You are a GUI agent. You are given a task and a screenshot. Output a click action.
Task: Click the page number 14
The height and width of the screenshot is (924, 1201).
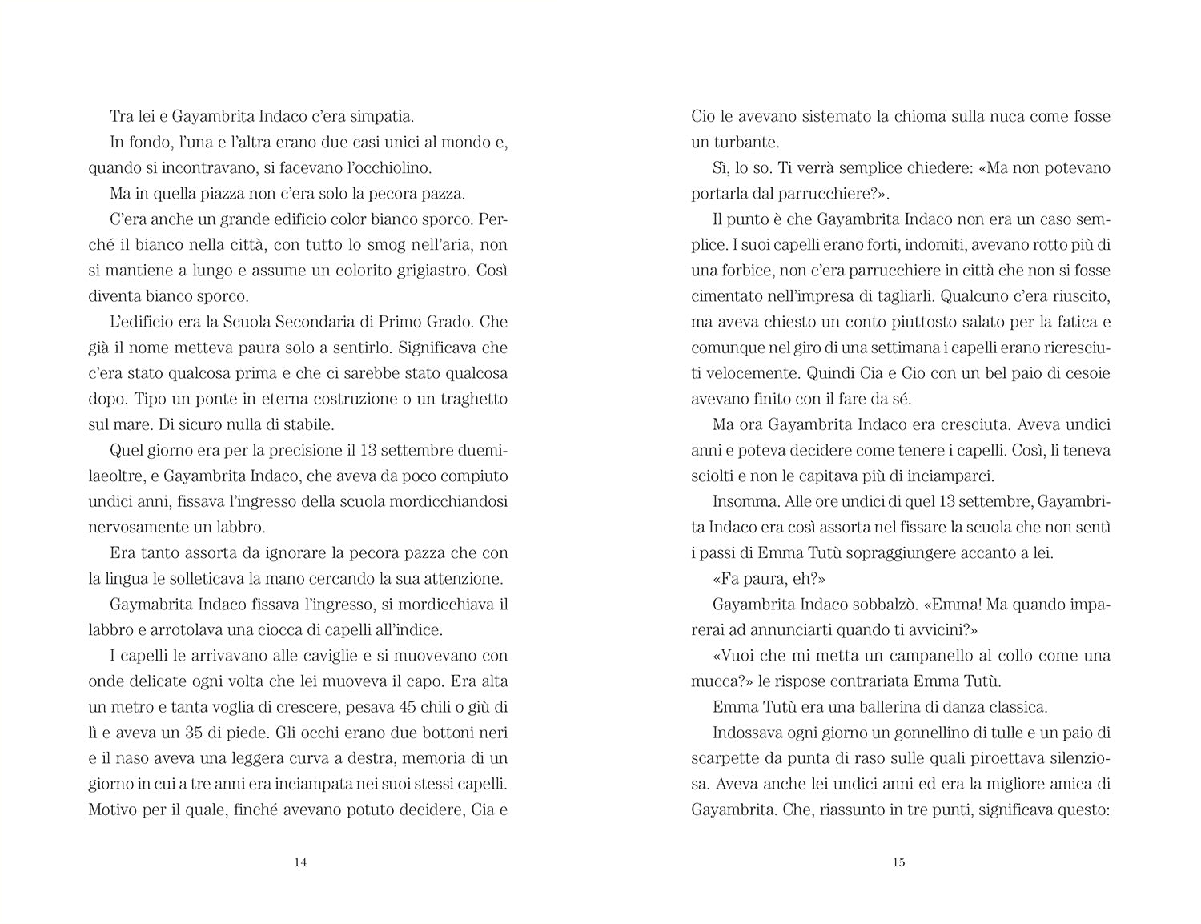point(300,862)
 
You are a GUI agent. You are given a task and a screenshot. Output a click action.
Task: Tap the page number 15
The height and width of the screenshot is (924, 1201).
point(898,862)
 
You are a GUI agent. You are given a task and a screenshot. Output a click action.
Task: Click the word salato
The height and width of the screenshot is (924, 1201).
point(963,322)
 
